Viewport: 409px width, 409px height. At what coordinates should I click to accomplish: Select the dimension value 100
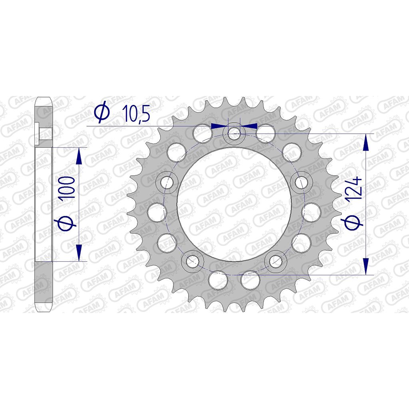point(69,187)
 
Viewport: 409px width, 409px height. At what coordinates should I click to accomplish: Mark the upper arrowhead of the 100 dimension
point(79,156)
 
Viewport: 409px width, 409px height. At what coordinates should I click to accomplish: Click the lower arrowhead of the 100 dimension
point(79,252)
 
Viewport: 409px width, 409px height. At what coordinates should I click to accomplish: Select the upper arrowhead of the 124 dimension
point(365,143)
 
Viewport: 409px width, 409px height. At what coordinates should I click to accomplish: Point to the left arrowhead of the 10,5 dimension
point(218,126)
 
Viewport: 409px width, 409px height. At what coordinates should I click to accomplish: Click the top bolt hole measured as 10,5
point(234,133)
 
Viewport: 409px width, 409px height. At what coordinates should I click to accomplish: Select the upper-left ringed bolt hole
point(166,183)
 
